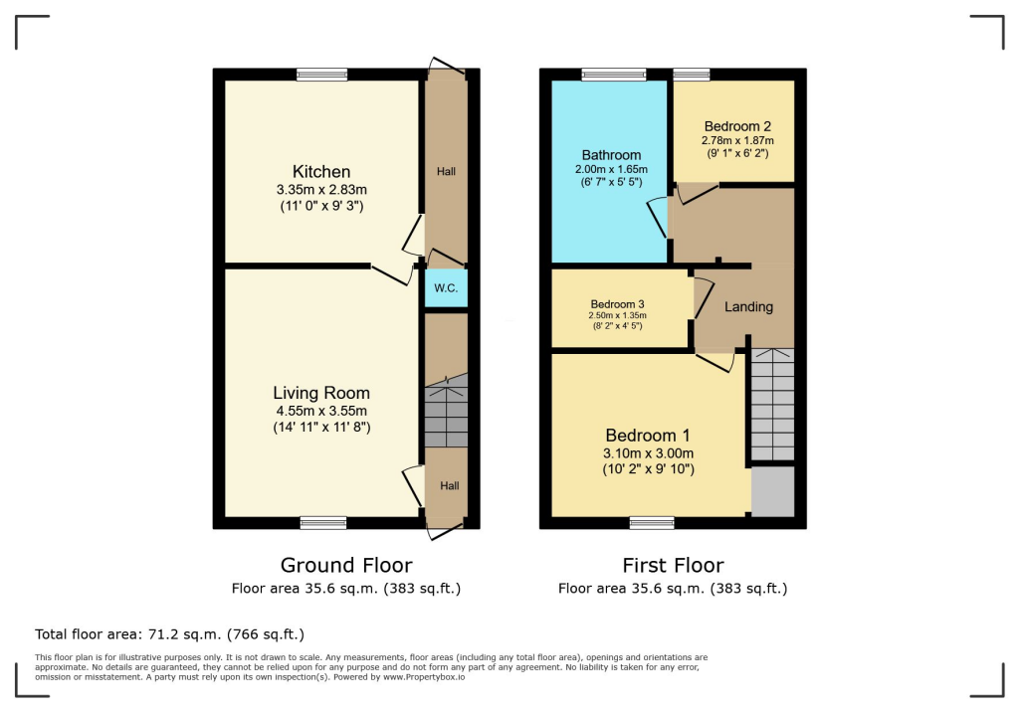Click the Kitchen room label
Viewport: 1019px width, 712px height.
click(x=320, y=172)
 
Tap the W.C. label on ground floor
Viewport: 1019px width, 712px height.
click(x=446, y=288)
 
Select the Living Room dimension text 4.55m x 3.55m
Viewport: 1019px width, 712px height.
click(x=321, y=411)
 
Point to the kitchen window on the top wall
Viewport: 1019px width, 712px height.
click(x=322, y=75)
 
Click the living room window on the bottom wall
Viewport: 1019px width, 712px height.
click(x=323, y=523)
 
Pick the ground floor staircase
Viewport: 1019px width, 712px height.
click(x=446, y=413)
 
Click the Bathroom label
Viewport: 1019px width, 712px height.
click(x=611, y=155)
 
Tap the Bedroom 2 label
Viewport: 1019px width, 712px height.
click(x=737, y=126)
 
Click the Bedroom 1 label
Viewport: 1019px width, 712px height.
click(x=648, y=436)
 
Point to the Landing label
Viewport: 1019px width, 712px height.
click(x=748, y=306)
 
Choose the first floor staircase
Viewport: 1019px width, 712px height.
click(x=772, y=404)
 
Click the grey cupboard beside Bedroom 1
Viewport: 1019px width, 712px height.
click(x=773, y=491)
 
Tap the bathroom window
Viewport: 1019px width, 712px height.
click(x=613, y=75)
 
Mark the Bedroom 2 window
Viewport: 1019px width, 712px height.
click(x=692, y=75)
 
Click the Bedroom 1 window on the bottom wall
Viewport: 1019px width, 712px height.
click(x=652, y=523)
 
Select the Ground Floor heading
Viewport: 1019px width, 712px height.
click(x=346, y=566)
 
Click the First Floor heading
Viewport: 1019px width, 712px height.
click(x=673, y=566)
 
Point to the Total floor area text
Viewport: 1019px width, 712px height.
click(x=169, y=633)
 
